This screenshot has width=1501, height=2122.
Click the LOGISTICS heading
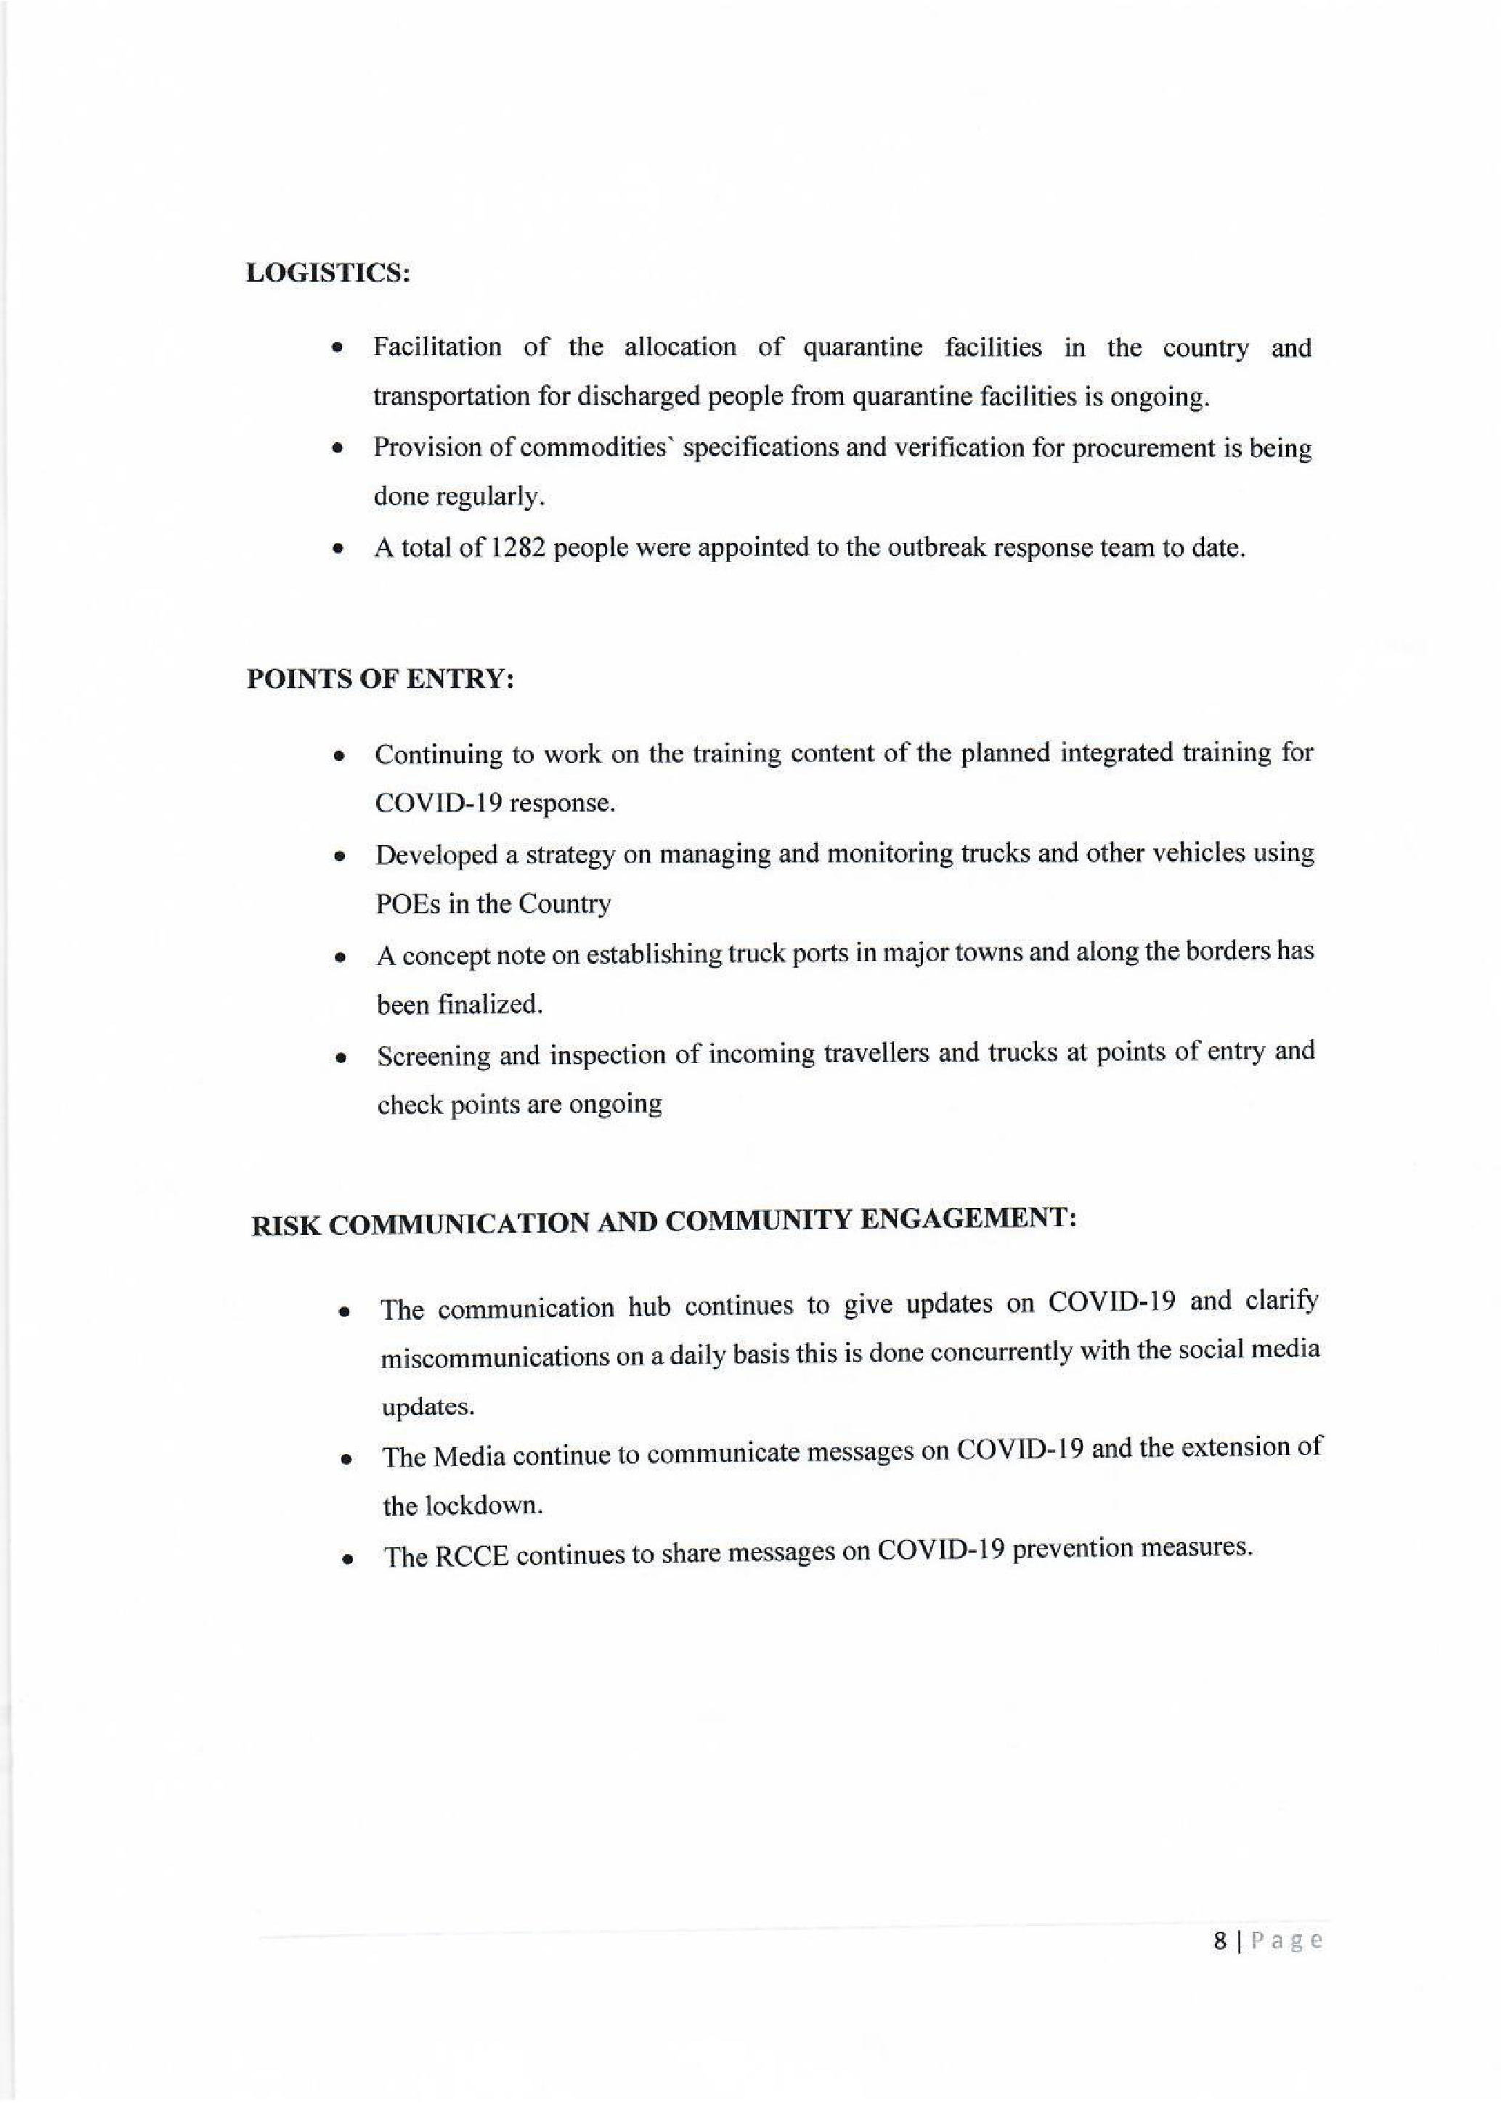pos(328,274)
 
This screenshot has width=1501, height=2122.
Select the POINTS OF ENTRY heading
pos(380,680)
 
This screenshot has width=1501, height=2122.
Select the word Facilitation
pos(437,348)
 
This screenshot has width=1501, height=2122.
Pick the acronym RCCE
pos(471,1557)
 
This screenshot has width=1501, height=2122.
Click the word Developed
pos(436,855)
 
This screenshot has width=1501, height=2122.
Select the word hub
pos(648,1307)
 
